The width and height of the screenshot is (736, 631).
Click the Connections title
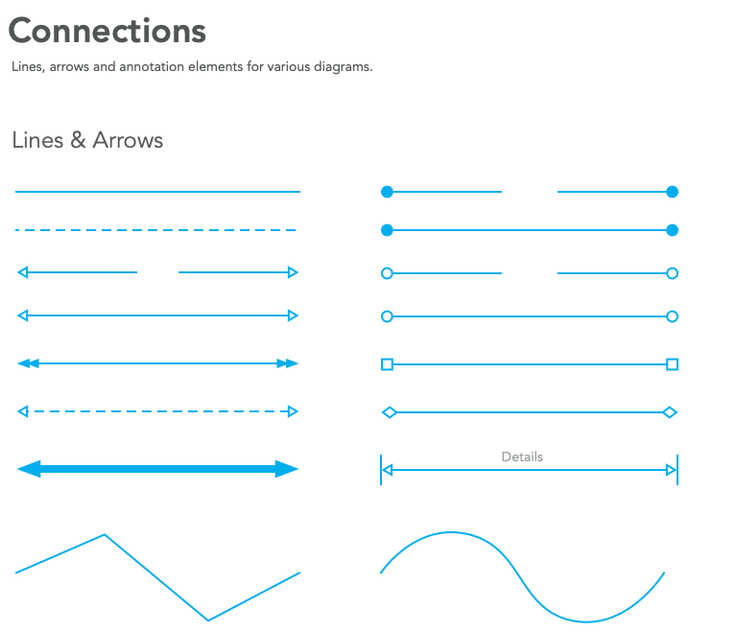tap(107, 31)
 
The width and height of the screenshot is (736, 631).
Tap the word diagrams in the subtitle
tap(341, 68)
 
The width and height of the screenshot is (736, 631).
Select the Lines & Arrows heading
tap(87, 140)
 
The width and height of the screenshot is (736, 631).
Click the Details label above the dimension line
tap(522, 456)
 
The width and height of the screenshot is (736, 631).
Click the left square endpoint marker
tap(387, 364)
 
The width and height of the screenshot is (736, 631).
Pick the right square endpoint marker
tap(672, 364)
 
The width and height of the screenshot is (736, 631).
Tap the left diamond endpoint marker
tap(389, 412)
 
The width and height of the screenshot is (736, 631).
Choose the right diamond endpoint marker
tap(670, 412)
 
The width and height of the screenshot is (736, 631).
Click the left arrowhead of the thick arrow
tap(28, 469)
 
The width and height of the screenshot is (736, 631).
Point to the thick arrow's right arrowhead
tap(287, 469)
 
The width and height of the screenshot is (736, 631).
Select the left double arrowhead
tap(29, 363)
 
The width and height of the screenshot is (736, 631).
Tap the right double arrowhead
tap(287, 363)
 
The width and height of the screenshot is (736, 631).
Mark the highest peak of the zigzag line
tap(104, 534)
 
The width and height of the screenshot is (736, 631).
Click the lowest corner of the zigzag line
tap(208, 619)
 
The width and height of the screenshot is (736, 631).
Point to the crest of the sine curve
tap(451, 532)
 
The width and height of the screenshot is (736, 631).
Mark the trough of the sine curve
tap(587, 621)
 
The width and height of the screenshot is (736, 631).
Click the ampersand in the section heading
tap(79, 140)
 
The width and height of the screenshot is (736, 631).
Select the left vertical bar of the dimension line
tap(381, 470)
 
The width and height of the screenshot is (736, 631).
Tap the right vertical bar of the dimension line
tap(677, 470)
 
